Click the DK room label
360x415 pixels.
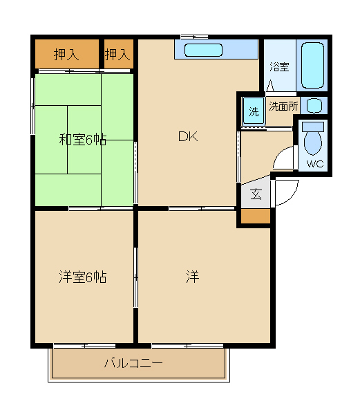(x=188, y=136)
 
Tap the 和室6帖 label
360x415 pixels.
(x=83, y=140)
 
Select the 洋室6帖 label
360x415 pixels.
(x=83, y=277)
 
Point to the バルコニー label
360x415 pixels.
(x=133, y=363)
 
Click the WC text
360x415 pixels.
(x=315, y=164)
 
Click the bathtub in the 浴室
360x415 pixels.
(x=312, y=65)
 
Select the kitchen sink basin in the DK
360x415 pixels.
(x=203, y=50)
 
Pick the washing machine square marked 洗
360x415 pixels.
(x=254, y=111)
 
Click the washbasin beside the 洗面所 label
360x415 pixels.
(x=314, y=105)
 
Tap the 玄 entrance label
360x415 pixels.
(x=256, y=194)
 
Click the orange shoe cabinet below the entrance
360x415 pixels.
(x=256, y=216)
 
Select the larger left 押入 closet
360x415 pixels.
(x=67, y=54)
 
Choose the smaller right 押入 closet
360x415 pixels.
(x=119, y=54)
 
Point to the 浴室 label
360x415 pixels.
(x=279, y=66)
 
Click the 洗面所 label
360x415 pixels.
(x=283, y=107)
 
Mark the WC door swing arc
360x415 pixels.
(x=278, y=154)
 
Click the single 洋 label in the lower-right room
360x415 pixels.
(x=193, y=277)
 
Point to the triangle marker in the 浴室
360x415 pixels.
(x=270, y=86)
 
